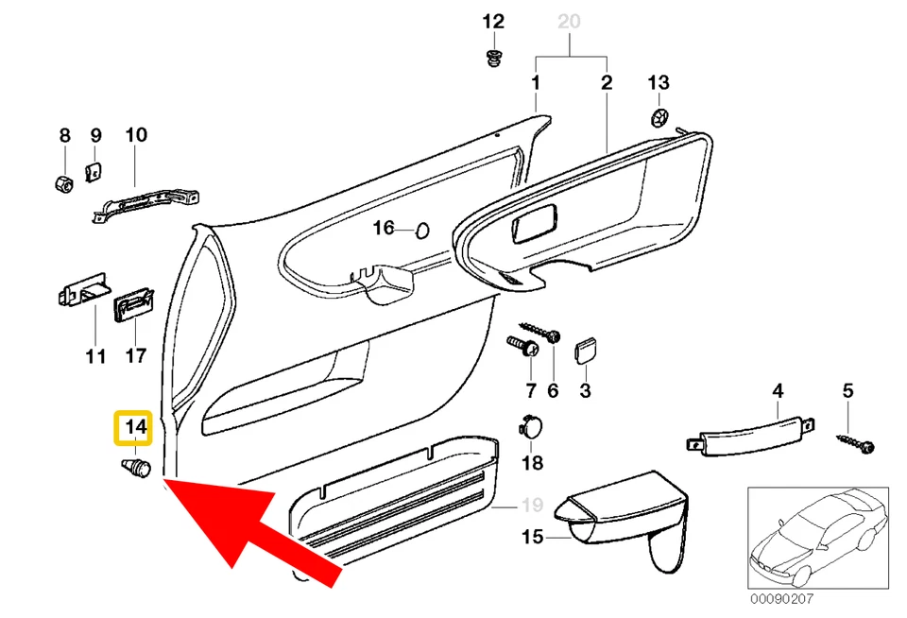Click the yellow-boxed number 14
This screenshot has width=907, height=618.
click(132, 428)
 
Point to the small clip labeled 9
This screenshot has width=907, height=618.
click(94, 170)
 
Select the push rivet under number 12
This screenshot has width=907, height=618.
click(493, 60)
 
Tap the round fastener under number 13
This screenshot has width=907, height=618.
click(659, 118)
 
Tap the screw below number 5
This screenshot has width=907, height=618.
click(855, 440)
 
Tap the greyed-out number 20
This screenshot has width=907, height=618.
click(570, 21)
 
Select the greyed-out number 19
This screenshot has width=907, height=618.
click(533, 505)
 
